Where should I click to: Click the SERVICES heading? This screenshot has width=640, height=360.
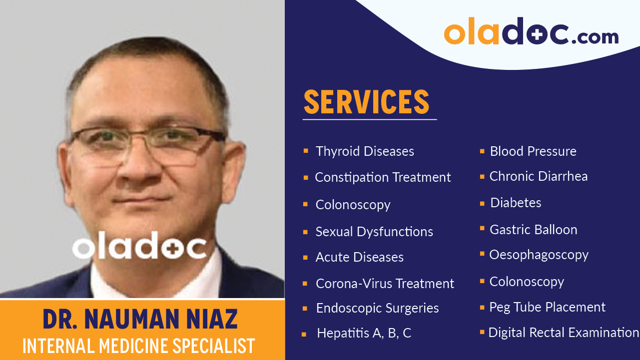(367, 102)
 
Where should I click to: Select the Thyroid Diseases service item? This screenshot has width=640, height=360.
(365, 151)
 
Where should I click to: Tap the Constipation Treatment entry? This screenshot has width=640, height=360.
(383, 177)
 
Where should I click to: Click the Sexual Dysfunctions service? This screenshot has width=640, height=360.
(374, 232)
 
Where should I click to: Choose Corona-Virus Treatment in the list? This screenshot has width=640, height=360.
(385, 284)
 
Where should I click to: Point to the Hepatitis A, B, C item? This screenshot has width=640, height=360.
(364, 333)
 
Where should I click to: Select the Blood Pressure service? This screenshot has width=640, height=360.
(533, 151)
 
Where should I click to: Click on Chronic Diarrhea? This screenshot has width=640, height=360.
(539, 176)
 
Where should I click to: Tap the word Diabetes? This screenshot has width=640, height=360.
(516, 203)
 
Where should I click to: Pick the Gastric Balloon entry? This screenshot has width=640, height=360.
(533, 230)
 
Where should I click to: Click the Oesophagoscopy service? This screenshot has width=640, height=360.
(539, 255)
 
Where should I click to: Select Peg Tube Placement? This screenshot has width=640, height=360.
(548, 307)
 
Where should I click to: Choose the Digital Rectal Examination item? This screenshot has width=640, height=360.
(564, 333)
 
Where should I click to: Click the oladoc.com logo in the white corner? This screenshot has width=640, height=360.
(531, 32)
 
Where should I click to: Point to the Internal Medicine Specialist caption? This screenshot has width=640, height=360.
(139, 346)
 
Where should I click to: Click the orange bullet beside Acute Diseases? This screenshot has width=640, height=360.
(305, 258)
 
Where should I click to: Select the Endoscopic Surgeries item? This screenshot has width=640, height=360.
(377, 308)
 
